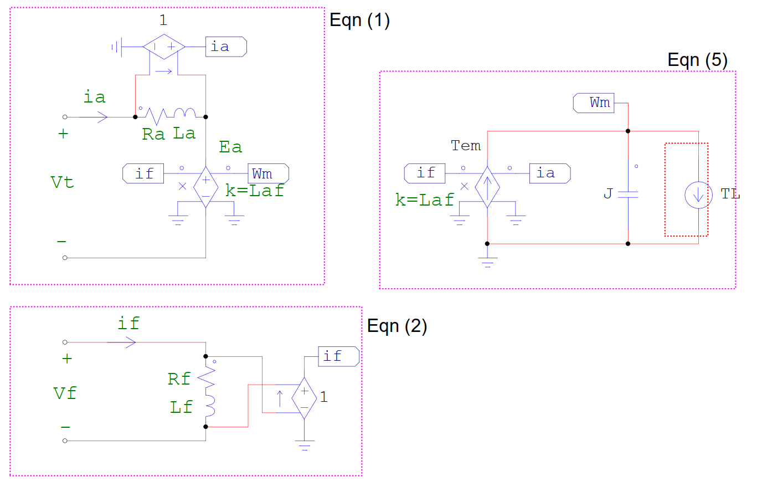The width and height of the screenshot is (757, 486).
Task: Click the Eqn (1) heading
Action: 359,21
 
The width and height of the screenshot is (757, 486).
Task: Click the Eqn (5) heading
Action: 698,60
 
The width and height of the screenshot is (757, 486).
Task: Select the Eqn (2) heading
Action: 397,326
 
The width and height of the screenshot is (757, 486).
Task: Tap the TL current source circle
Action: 698,195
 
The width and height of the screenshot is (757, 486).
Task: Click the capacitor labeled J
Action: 628,195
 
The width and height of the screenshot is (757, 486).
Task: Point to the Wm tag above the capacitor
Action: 594,103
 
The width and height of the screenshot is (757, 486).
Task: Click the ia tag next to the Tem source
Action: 550,173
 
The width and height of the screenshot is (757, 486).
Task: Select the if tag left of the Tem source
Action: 425,173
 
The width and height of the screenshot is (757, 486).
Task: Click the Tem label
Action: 466,146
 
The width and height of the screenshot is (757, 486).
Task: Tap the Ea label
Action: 230,147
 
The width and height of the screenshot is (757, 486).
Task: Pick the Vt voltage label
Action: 62,182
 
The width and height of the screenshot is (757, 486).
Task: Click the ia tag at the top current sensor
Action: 226,47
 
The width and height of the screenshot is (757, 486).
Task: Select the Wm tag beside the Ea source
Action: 269,173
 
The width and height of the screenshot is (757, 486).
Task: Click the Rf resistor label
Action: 179,379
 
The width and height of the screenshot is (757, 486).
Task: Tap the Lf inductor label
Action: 181,407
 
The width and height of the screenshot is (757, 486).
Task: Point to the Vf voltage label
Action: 65,393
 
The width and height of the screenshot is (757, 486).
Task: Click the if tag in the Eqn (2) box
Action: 338,356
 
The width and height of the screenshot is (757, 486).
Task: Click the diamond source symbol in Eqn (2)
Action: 304,398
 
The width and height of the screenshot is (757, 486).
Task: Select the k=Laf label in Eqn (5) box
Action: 425,200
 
